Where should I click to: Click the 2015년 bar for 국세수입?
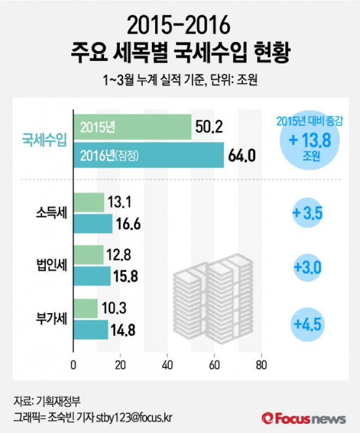(132, 127)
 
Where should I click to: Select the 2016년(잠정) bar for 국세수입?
(148, 155)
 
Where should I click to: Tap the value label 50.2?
(209, 127)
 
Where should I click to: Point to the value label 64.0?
(242, 156)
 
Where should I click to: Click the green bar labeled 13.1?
(89, 203)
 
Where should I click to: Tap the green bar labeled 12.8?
(88, 255)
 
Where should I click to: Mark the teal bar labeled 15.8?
(92, 276)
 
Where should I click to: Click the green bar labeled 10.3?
(86, 308)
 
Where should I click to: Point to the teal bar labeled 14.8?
(90, 330)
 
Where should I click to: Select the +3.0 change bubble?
(308, 267)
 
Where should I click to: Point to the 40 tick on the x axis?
(167, 365)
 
